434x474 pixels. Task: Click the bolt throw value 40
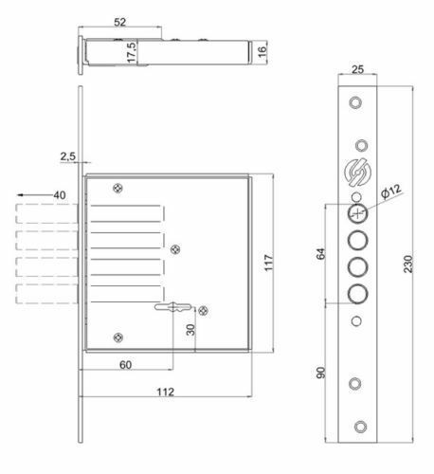[x=59, y=194]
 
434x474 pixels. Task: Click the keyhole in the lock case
[x=173, y=307]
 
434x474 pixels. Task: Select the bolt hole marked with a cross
[x=356, y=212]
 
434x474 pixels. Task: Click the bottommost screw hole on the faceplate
[x=356, y=425]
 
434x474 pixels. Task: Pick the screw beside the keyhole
[x=204, y=308]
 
